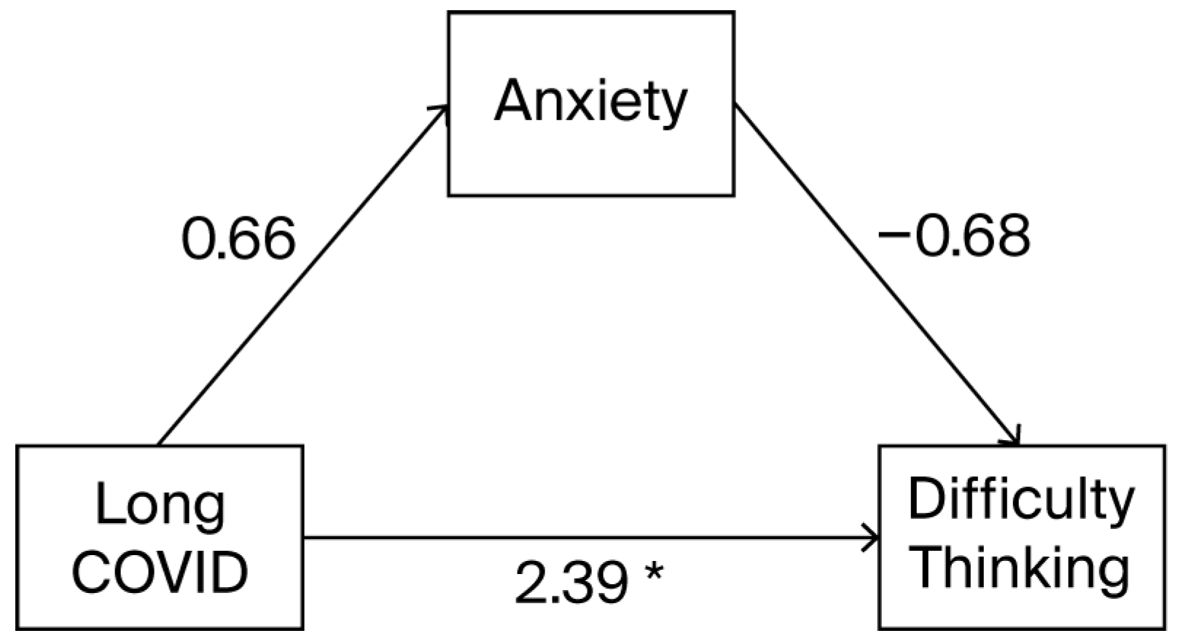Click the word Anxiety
click(x=590, y=102)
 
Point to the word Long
click(x=160, y=506)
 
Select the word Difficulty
click(x=1020, y=502)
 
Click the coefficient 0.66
click(x=238, y=239)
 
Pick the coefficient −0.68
click(x=954, y=236)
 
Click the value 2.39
click(x=571, y=584)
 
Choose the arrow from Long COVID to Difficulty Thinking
click(x=583, y=538)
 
